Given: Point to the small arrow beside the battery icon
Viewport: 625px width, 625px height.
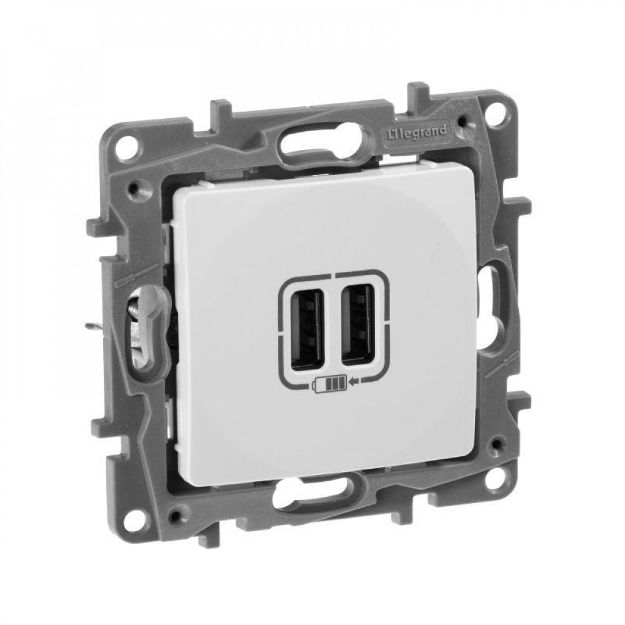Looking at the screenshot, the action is coord(354,382).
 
